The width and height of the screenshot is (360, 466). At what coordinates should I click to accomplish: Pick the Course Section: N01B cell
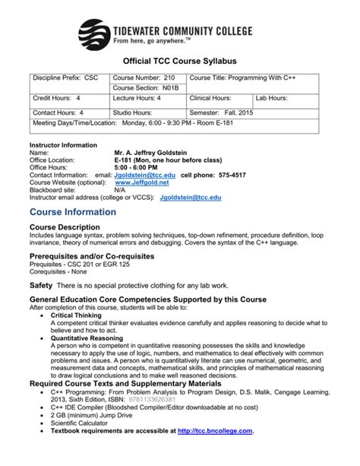(140, 88)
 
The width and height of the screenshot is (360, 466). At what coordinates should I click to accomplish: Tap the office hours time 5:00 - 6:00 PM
(137, 167)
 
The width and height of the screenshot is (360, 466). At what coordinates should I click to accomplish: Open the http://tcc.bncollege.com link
(214, 431)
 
